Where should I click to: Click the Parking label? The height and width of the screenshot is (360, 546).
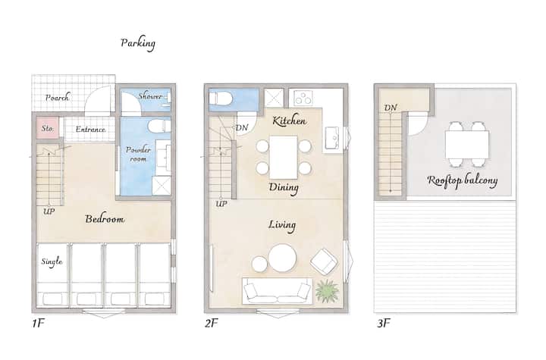(138, 43)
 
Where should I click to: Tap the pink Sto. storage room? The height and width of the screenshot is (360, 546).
(48, 128)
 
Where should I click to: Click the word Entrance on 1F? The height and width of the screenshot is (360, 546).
(90, 129)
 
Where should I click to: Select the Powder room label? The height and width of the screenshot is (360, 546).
(138, 154)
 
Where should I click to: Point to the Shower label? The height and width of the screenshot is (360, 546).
(150, 96)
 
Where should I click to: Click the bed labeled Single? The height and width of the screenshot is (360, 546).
(52, 275)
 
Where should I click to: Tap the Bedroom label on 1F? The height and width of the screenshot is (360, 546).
(105, 219)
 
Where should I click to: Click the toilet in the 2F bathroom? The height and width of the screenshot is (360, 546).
(221, 99)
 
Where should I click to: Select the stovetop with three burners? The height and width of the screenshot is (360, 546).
(303, 98)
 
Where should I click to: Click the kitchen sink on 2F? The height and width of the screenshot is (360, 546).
(332, 138)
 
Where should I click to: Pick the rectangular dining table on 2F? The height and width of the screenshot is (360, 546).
(284, 157)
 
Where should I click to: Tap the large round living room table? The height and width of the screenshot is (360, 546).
(282, 258)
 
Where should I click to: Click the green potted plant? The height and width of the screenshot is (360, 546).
(327, 291)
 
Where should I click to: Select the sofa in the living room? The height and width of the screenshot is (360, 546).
(278, 291)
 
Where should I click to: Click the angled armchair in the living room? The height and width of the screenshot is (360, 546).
(324, 261)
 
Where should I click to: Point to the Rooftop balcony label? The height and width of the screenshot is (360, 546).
(462, 180)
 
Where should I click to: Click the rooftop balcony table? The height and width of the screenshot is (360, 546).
(467, 144)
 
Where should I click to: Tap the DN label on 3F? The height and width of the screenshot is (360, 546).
(391, 108)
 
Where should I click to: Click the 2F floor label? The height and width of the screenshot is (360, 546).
(211, 324)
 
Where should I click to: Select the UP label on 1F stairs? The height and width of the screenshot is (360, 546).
(49, 211)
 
